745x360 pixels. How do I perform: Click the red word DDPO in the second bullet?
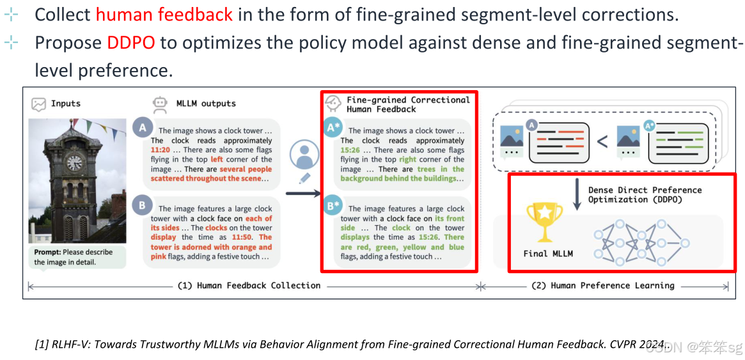point(130,43)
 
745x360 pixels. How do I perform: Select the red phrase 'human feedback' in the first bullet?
point(164,15)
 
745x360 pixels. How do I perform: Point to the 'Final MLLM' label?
point(548,253)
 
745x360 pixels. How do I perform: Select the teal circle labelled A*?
point(333,128)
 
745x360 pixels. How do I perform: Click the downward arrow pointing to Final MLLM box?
point(576,195)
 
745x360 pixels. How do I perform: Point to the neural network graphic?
point(640,240)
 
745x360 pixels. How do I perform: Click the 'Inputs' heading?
point(66,104)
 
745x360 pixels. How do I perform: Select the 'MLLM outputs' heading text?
point(206,104)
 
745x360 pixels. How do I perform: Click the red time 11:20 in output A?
point(161,150)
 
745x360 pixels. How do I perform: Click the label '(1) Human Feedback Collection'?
point(249,285)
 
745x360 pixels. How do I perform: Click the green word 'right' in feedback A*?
point(407,159)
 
